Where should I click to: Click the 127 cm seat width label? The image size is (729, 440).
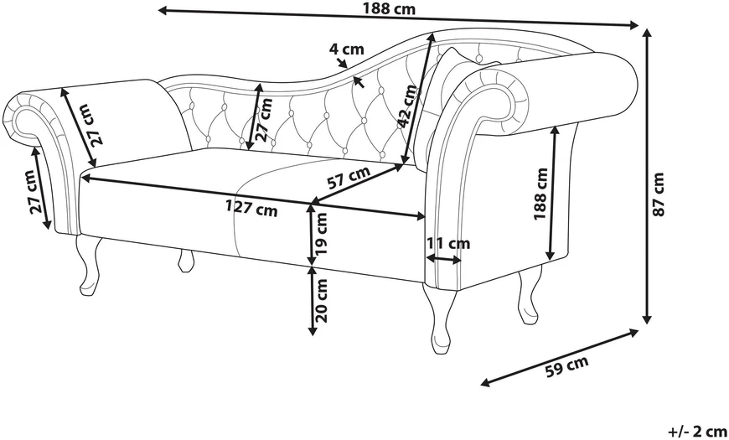251,210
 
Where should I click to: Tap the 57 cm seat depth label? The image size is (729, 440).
349,177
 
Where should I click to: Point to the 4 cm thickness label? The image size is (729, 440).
347,49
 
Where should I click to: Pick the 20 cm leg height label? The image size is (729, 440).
321,301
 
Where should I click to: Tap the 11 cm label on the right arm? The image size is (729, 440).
448,243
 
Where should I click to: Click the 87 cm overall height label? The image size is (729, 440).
659,194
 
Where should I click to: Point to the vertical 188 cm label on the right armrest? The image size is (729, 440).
540,194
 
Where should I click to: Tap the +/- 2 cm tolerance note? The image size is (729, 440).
697,431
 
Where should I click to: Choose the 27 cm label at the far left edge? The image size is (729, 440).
34,192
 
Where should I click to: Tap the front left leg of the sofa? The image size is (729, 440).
89,265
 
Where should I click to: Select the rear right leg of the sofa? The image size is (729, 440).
530,295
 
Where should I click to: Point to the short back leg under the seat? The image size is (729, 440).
185,261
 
